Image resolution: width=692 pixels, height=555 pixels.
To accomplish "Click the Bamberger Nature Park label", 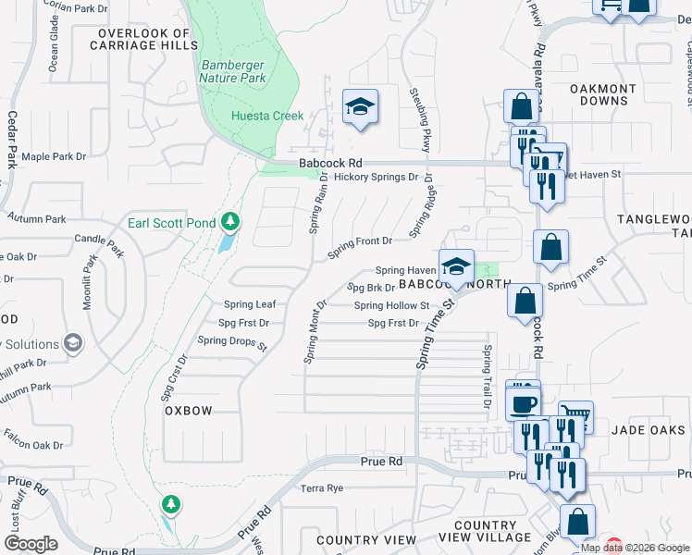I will click(234, 71).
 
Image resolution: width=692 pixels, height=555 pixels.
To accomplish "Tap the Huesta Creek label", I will click(267, 116).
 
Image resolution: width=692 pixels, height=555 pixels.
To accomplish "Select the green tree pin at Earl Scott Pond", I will click(230, 222).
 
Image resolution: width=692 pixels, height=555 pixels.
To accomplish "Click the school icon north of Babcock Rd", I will click(360, 106).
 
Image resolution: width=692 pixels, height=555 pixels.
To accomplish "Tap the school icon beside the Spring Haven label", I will click(455, 267).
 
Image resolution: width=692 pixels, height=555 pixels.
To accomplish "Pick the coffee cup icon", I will click(522, 402).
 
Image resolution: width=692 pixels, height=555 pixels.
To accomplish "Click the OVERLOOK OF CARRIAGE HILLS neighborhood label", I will click(144, 39).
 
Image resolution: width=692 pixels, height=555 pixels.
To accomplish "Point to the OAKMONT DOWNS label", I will click(602, 95).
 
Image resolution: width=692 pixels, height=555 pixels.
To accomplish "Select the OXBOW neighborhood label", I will click(189, 410).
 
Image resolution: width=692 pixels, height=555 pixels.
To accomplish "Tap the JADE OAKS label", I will click(649, 430).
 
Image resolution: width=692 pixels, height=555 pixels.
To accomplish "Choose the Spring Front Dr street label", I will click(360, 240).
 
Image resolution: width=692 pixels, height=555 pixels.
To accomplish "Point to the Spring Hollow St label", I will click(391, 305).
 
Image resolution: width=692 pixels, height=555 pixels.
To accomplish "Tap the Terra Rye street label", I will click(322, 487).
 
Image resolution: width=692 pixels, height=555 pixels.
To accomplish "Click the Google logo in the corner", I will click(31, 543).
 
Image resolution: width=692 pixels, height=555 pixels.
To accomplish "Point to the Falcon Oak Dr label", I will click(32, 445).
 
